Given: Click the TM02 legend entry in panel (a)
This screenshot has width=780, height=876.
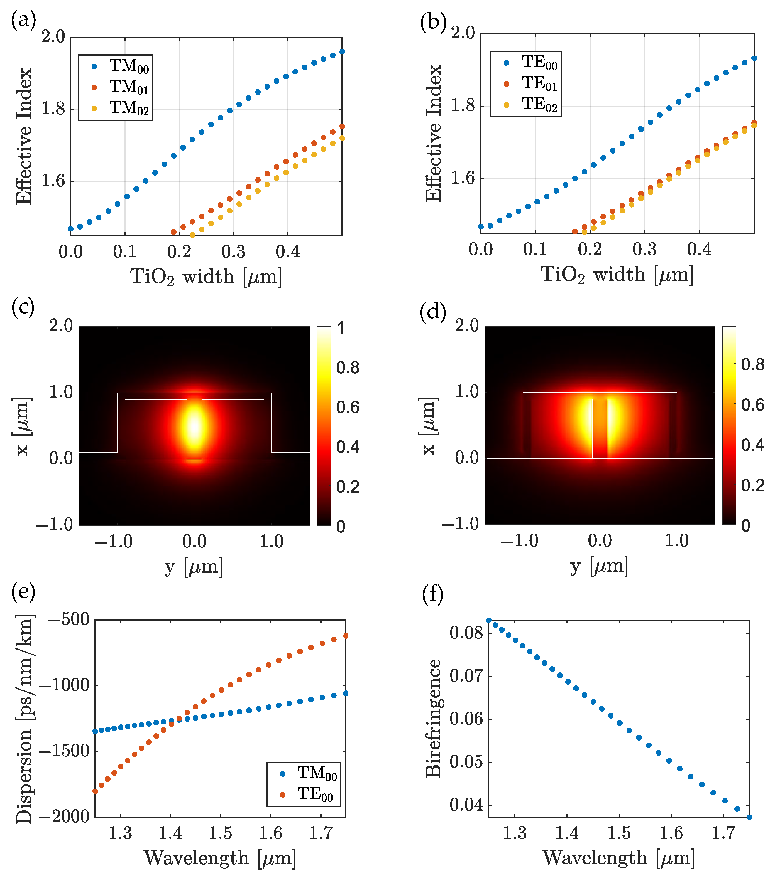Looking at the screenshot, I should [x=128, y=108].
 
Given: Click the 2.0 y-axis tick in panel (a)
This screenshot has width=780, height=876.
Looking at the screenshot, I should [x=53, y=37].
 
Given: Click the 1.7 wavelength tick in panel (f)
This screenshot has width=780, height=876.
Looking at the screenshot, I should [x=723, y=833].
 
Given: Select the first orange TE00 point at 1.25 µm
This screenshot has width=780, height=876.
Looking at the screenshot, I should [x=95, y=791].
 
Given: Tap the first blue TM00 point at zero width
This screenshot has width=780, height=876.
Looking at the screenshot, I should [x=71, y=229].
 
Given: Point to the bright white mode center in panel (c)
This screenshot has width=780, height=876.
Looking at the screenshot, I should [x=194, y=427].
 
